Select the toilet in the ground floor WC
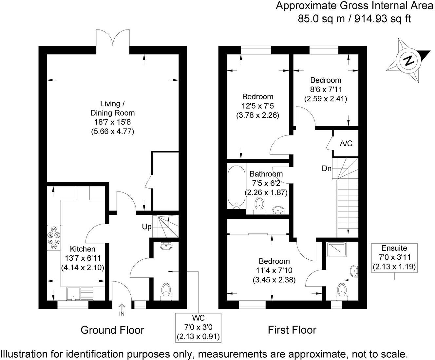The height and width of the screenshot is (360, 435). coord(166,291)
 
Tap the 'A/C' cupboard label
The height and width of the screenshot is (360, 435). coord(346,143)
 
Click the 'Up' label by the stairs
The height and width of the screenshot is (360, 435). coord(146,227)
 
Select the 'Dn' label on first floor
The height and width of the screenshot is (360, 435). coord(327,169)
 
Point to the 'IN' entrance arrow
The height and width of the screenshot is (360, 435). coord(122,310)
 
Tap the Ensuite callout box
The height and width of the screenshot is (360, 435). coord(394,257)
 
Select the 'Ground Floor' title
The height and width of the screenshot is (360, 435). coord(112,330)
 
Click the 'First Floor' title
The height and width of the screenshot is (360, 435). coord(292,330)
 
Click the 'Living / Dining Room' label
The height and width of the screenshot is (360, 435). coord(112,108)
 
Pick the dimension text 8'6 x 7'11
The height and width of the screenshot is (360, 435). coord(326,89)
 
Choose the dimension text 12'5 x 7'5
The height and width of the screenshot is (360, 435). coord(257,106)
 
